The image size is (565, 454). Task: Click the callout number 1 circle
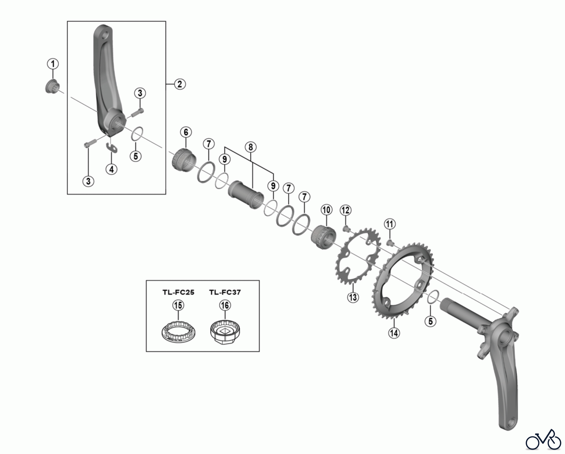click(53, 64)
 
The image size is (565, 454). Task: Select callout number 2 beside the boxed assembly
click(180, 84)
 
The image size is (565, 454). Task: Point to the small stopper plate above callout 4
click(111, 148)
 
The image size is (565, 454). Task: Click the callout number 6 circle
click(186, 132)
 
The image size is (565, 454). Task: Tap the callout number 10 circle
click(326, 210)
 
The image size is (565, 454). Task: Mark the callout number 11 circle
click(390, 224)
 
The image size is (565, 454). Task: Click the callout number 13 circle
click(353, 297)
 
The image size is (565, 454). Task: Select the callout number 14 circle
click(394, 333)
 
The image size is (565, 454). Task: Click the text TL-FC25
click(178, 292)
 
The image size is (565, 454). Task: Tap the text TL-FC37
click(225, 292)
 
